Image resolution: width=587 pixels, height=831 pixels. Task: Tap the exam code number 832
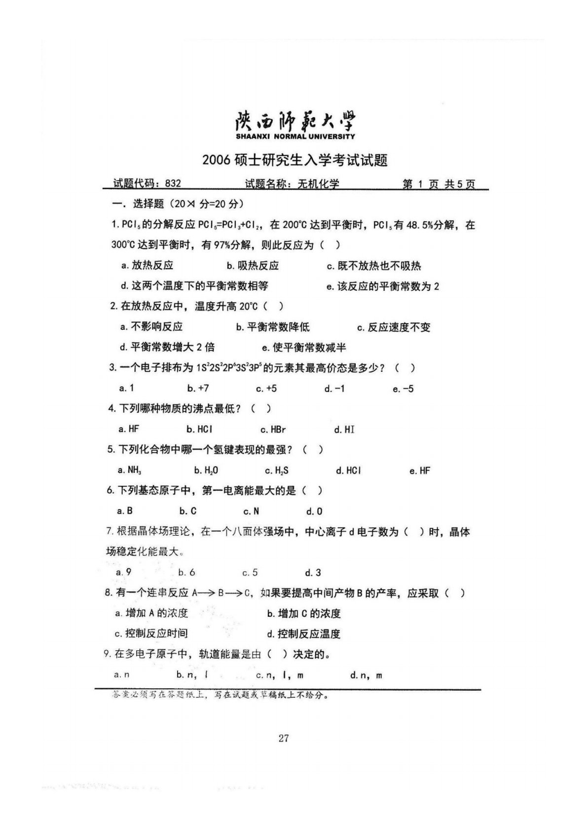(173, 184)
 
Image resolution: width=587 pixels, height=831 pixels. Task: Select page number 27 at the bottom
(284, 738)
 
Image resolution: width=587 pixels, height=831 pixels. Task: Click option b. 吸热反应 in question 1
(253, 266)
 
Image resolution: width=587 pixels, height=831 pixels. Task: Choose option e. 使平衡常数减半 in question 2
(304, 348)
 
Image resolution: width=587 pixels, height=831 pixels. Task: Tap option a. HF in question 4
(129, 429)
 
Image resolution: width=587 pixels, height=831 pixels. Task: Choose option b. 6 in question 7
(186, 573)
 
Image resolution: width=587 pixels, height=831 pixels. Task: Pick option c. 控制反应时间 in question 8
(151, 634)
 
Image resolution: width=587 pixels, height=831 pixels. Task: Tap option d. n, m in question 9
(366, 675)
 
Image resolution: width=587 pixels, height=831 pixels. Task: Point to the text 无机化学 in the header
(318, 184)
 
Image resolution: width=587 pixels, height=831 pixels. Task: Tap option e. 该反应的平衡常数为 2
(382, 286)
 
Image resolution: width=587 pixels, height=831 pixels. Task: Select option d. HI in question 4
(344, 430)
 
